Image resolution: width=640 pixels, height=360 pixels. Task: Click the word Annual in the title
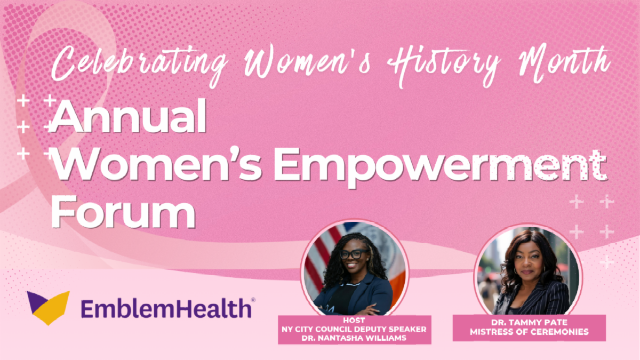click(128, 116)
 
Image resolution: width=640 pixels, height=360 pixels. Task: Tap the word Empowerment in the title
click(441, 167)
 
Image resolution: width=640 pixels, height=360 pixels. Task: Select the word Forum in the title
click(123, 212)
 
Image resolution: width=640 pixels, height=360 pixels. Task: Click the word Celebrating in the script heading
click(140, 65)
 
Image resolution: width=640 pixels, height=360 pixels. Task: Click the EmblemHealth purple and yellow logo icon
click(49, 308)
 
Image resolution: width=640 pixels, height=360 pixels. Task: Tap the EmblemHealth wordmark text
click(166, 309)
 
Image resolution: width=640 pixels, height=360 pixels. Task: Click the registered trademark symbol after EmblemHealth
click(253, 300)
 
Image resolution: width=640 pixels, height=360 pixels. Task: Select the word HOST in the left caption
click(354, 321)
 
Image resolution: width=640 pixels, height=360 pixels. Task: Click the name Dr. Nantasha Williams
click(354, 338)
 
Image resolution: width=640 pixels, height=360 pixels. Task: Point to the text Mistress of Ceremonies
click(529, 332)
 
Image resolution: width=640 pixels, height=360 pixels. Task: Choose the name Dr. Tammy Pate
click(529, 322)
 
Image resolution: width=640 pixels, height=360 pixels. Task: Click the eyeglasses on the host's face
click(354, 254)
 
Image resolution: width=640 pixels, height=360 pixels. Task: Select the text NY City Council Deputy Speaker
click(354, 329)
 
